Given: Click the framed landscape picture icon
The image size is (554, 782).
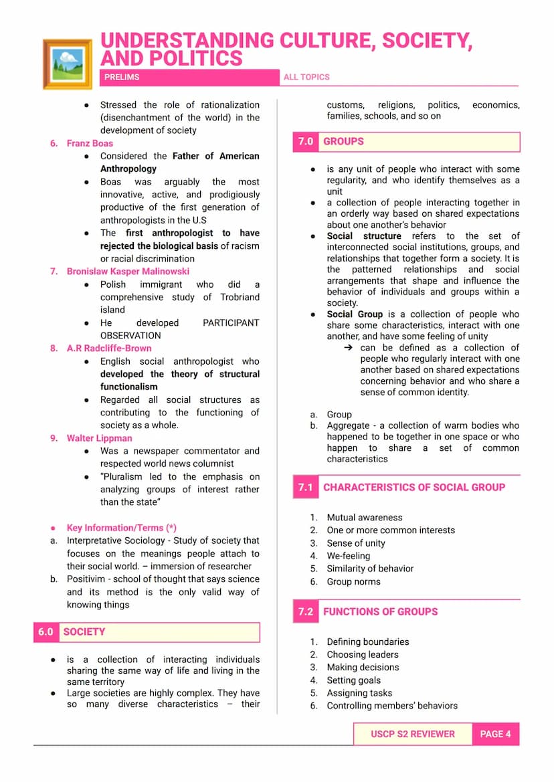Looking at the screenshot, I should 67,64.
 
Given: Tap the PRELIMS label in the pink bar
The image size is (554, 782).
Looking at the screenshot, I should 122,77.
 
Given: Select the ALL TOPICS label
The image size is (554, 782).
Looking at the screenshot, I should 306,77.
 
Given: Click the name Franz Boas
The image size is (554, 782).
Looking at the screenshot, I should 90,143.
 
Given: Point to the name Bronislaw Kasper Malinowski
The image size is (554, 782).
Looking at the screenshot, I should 128,271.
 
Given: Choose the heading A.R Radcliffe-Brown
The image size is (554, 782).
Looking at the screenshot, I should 109,348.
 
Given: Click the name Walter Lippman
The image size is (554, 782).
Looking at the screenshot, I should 99,438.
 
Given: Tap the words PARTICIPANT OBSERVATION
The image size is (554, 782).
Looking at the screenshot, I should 179,328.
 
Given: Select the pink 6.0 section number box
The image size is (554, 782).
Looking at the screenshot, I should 45,632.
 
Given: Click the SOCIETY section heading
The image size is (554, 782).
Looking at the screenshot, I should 84,632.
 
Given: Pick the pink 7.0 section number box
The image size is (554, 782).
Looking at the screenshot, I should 306,142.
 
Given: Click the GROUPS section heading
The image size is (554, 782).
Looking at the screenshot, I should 343,142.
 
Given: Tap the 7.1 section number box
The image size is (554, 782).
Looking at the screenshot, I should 306,488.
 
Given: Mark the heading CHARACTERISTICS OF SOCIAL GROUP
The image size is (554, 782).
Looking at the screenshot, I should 414,488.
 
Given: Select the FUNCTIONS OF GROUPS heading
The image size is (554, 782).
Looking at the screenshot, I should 380,611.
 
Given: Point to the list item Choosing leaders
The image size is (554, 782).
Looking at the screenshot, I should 362,654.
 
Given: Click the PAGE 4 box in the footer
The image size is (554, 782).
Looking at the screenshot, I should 495,734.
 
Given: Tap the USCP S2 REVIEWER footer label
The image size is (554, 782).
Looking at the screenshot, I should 412,734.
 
